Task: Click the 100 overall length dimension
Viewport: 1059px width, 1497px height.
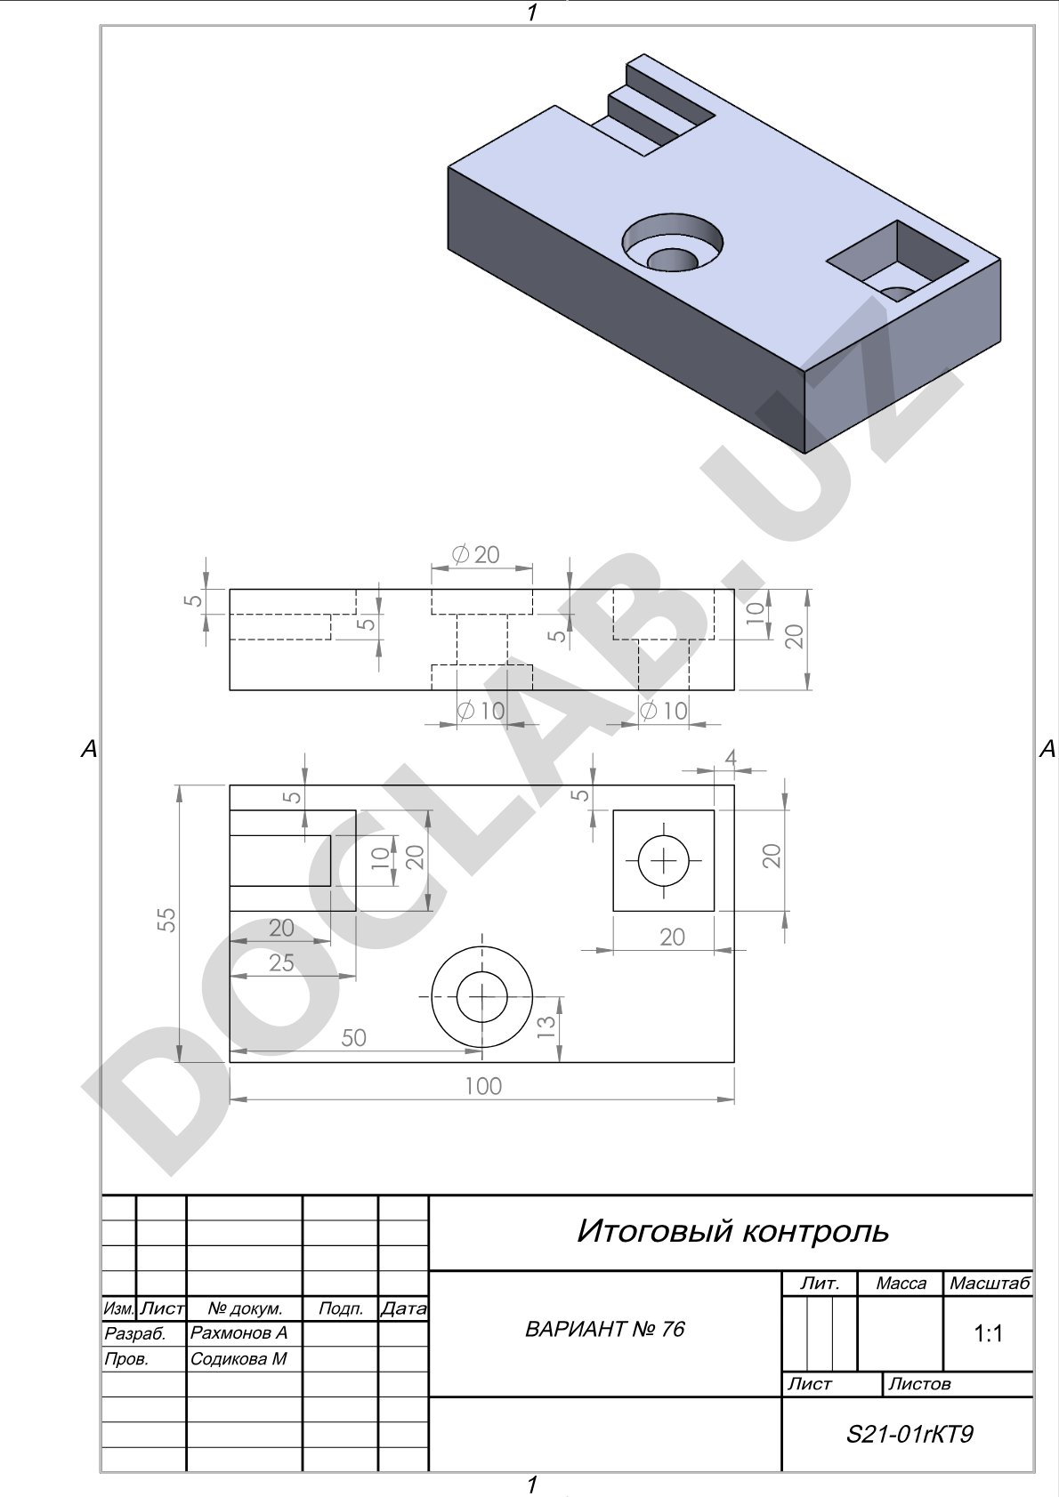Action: pos(483,1086)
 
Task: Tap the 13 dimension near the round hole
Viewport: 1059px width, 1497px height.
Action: pos(546,1026)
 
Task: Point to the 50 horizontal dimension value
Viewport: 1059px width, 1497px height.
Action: pos(353,1037)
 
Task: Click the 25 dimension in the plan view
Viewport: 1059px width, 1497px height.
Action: pos(281,962)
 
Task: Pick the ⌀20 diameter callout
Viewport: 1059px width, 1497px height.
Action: pos(476,554)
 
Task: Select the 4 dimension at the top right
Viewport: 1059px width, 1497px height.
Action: pos(730,758)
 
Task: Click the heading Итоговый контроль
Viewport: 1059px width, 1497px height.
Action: pos(732,1231)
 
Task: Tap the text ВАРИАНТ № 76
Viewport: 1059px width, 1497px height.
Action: pos(605,1329)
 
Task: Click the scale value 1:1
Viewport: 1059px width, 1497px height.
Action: pos(988,1334)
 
